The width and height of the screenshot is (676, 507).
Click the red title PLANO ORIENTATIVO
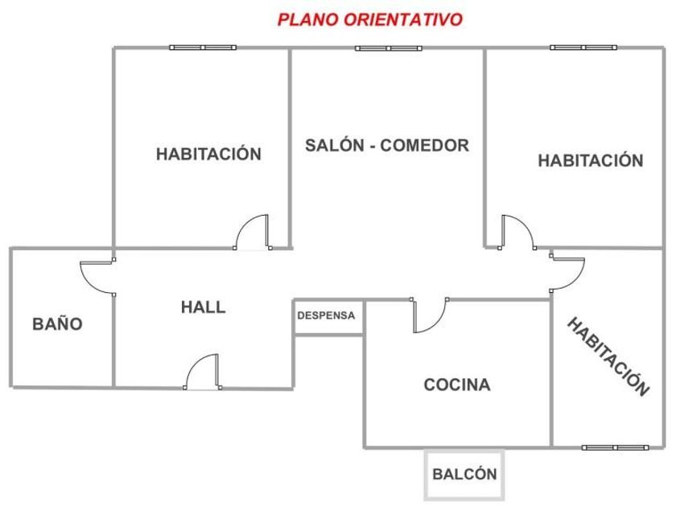(370, 19)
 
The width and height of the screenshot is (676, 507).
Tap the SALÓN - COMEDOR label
(387, 146)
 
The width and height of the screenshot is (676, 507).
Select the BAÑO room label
(57, 324)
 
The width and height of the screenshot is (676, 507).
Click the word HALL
(203, 307)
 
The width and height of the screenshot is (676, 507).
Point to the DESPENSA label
(326, 315)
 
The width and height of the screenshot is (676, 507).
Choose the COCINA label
(457, 385)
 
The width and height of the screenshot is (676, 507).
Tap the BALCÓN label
(464, 474)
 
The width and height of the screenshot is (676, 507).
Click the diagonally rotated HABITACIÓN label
(608, 357)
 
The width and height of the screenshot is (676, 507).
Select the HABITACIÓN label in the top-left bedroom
(209, 154)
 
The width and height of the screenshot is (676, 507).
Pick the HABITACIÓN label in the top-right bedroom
(591, 160)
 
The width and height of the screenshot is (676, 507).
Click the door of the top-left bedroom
(253, 233)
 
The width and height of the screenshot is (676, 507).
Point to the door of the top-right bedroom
(516, 232)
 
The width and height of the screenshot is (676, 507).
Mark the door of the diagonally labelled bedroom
(567, 274)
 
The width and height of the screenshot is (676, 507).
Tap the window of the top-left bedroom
(202, 47)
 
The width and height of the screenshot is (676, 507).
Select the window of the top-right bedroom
(583, 47)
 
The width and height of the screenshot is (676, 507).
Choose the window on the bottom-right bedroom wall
(615, 447)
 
